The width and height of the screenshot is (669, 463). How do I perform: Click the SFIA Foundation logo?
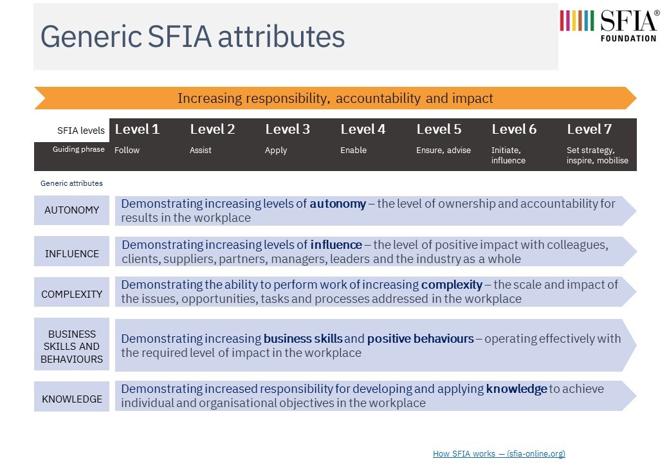tap(609, 25)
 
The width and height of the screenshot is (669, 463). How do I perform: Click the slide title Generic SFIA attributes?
tap(193, 37)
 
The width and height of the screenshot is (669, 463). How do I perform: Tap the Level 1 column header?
tap(137, 129)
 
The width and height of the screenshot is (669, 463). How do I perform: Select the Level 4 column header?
tap(363, 129)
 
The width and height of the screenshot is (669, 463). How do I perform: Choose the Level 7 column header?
tap(589, 129)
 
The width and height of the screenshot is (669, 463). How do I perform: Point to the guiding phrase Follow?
tap(127, 150)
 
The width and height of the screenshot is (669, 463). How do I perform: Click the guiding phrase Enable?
tap(353, 150)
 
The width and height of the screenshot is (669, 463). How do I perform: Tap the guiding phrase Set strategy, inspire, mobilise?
tap(597, 155)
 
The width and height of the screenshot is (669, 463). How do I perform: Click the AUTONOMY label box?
tap(71, 210)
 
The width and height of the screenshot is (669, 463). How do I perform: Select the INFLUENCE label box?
tap(71, 253)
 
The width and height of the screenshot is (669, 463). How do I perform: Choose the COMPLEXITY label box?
tap(71, 294)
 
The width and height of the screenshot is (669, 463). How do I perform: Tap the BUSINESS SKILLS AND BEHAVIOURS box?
tap(71, 346)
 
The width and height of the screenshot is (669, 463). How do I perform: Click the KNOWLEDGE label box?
tap(71, 399)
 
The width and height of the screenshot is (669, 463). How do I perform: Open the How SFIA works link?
tap(499, 453)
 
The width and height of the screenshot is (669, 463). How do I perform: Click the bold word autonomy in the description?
tap(338, 204)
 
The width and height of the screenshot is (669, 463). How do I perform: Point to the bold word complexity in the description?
tap(452, 284)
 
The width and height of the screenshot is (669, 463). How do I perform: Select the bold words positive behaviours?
tap(420, 338)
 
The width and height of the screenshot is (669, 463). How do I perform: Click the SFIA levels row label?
tap(80, 131)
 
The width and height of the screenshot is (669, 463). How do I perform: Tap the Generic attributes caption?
tap(71, 183)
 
